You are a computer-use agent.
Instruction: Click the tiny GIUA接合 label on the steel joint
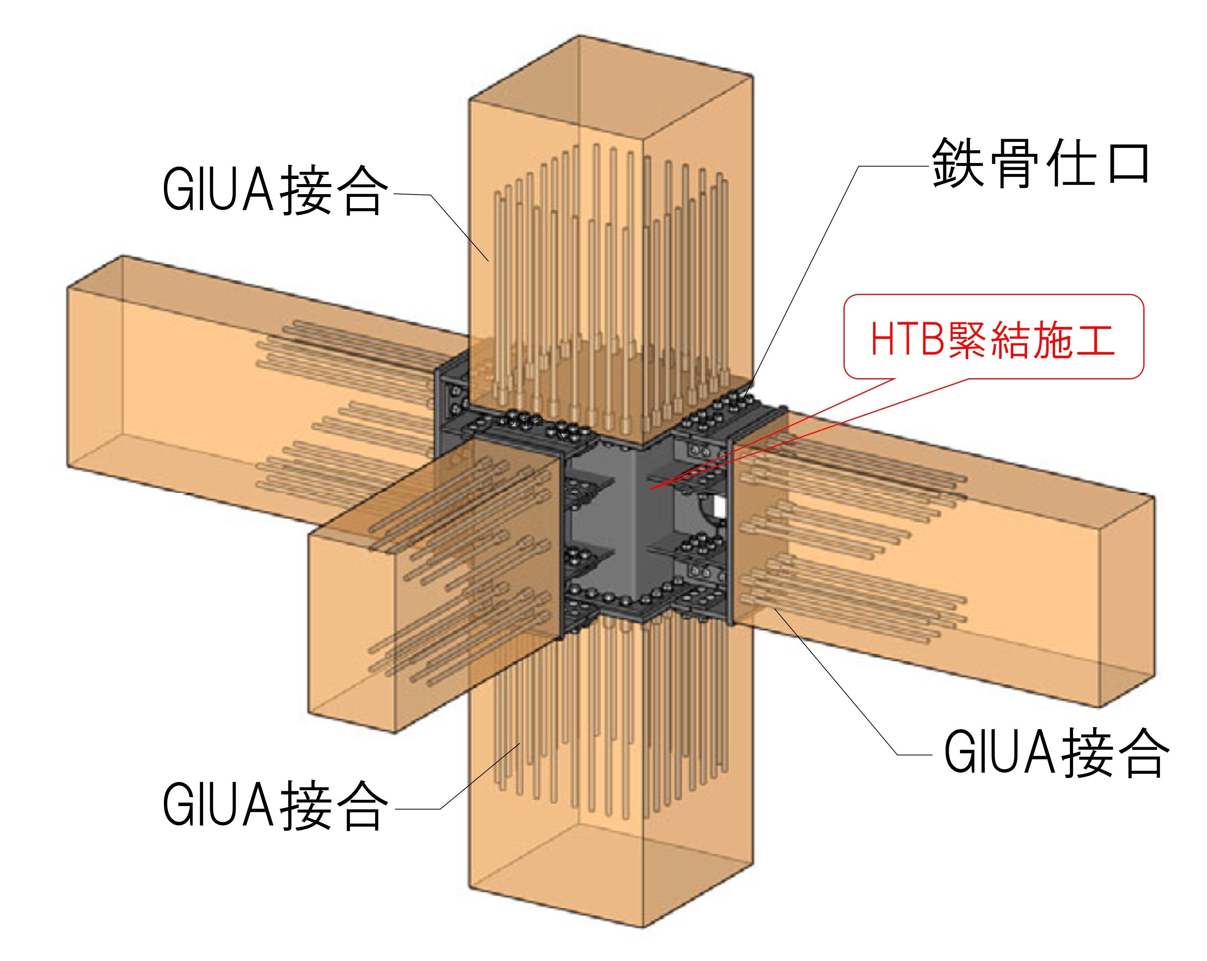tap(521, 421)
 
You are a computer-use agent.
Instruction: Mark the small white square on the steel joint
tap(719, 507)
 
